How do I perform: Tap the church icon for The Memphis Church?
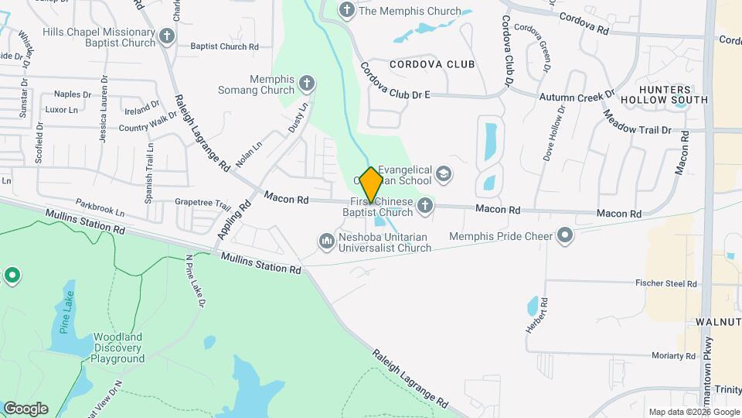(x=347, y=11)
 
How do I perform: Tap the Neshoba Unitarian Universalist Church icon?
(x=326, y=242)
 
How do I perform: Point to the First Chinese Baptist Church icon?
(x=424, y=206)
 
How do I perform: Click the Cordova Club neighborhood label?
(x=432, y=64)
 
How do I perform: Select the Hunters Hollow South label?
(x=674, y=94)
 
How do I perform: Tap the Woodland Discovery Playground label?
(x=119, y=348)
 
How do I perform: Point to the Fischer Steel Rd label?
(x=667, y=284)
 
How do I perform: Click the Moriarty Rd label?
(x=674, y=356)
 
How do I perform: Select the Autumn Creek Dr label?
(x=576, y=97)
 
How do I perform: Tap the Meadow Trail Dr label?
(x=638, y=124)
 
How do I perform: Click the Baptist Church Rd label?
(x=224, y=47)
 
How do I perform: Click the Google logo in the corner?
(x=26, y=409)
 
